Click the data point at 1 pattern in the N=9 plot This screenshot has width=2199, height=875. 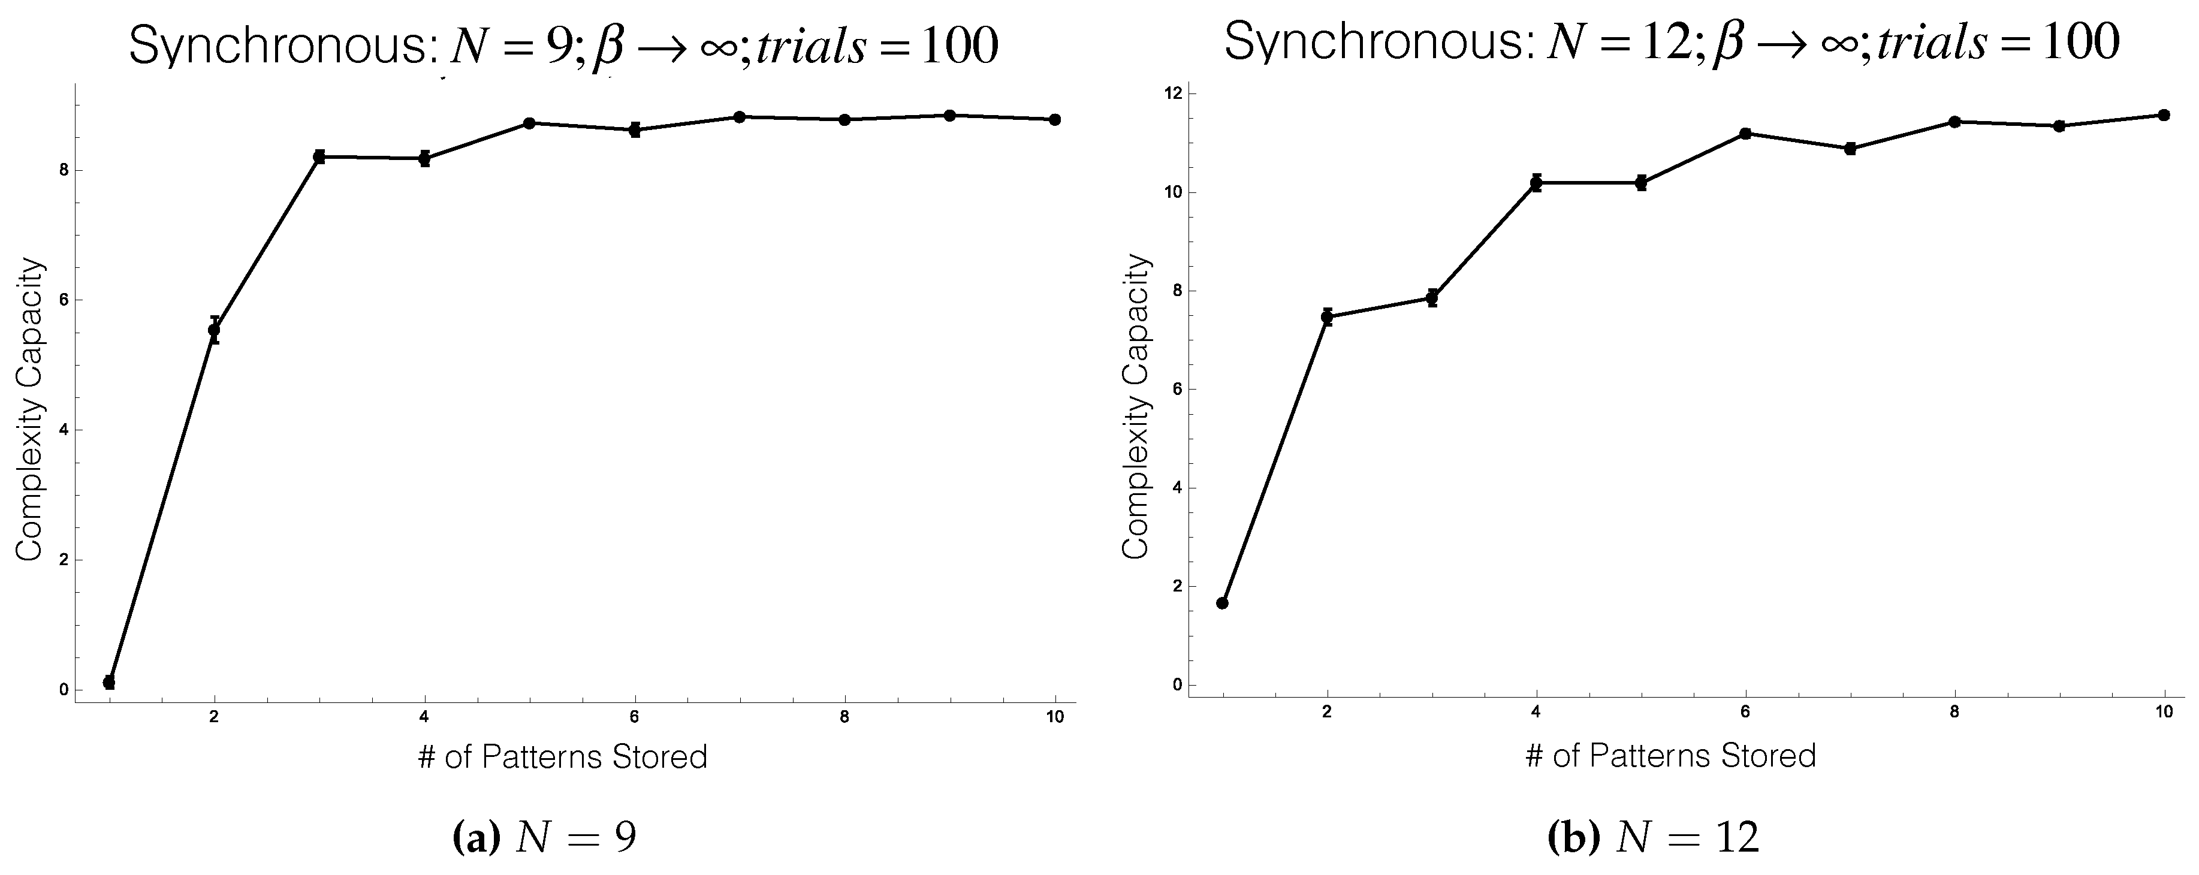pos(108,682)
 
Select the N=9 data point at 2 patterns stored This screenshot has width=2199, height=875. pos(214,330)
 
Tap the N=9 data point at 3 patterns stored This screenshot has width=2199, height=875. pos(319,156)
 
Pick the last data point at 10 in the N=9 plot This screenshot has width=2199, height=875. pos(1055,119)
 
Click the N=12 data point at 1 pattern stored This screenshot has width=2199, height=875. pos(1223,603)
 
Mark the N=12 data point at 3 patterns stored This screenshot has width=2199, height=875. pos(1432,298)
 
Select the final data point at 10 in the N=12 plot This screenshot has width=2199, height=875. pos(2164,114)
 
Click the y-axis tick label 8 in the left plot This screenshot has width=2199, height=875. pos(63,170)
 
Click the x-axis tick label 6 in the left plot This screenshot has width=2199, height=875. pos(634,717)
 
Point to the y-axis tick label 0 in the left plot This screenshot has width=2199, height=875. pos(63,690)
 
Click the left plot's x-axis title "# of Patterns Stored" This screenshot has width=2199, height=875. pos(563,757)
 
